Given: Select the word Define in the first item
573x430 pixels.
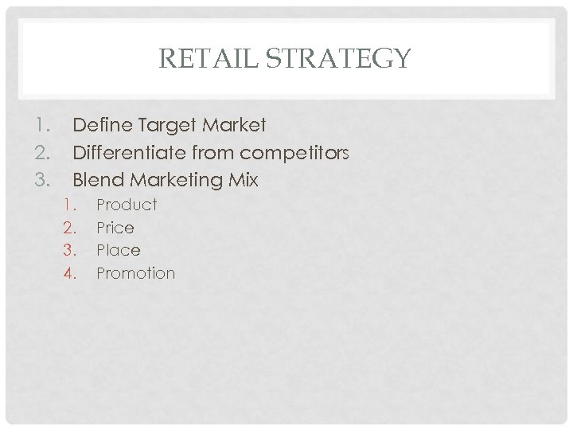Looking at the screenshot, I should coord(99,125).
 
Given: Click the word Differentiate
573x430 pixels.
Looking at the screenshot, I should coord(128,152).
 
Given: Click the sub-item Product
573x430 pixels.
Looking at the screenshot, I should coord(127,205).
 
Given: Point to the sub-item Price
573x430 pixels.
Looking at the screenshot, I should coord(115,228).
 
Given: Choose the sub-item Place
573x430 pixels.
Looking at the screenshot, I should coord(118,250).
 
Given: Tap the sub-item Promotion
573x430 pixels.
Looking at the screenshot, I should coord(135,273).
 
